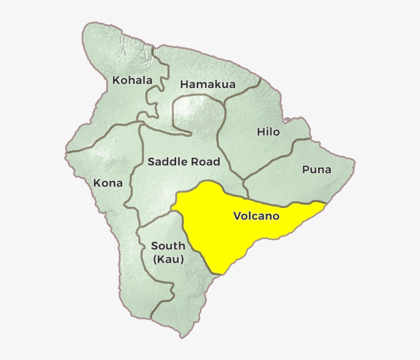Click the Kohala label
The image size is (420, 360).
pos(132,80)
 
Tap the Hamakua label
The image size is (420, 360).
pos(207,84)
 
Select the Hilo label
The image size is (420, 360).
pos(268,132)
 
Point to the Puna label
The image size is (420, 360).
pos(317,170)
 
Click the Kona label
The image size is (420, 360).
pos(108,183)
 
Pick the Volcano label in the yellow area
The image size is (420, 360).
pos(256,216)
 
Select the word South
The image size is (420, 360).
pos(168,246)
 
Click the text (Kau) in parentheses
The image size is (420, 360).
pos(168,260)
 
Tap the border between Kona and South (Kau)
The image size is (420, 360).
pos(137,241)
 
